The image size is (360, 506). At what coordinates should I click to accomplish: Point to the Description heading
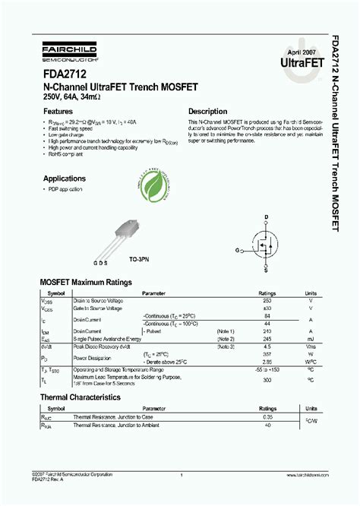(x=208, y=111)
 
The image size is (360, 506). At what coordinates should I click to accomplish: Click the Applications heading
(x=64, y=178)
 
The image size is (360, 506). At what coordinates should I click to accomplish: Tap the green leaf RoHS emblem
(x=156, y=185)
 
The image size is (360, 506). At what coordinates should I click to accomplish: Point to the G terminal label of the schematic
(x=238, y=248)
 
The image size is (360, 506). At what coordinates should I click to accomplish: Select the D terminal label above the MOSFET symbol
(x=267, y=218)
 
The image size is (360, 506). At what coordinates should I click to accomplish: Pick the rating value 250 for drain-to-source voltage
(x=267, y=301)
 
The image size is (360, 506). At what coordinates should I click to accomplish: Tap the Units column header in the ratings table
(x=311, y=293)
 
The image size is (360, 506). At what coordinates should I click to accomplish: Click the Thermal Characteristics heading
(x=80, y=397)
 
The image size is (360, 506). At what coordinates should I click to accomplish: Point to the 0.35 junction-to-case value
(x=267, y=417)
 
